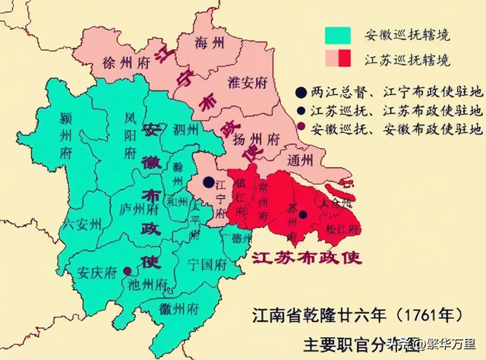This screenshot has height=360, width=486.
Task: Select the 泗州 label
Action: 184,129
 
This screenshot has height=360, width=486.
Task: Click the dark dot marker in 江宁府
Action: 207,182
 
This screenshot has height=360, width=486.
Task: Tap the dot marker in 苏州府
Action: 302,215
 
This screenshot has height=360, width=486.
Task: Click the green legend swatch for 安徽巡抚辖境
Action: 338,35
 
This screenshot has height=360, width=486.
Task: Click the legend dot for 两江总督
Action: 302,93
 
